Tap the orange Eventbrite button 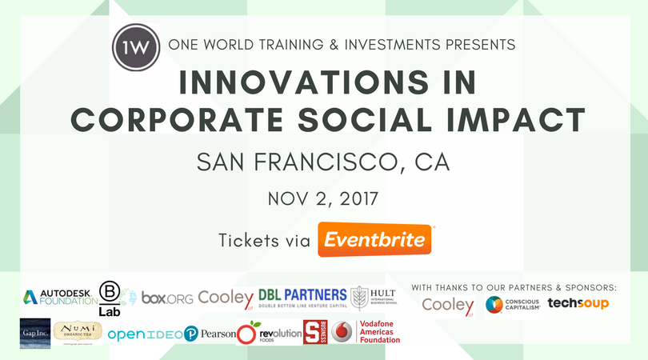[x=376, y=240]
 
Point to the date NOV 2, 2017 [x=323, y=198]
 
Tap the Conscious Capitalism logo [x=513, y=305]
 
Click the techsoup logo [x=578, y=304]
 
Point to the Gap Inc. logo [x=34, y=332]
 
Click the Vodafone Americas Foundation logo [x=366, y=333]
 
